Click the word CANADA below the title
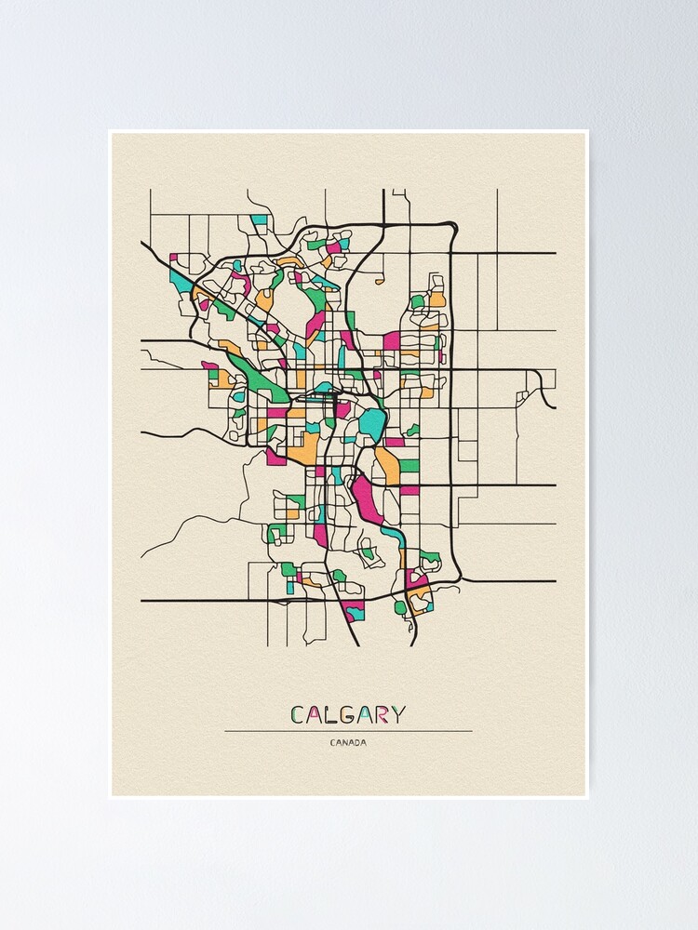[347, 742]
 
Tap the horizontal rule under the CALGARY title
[347, 731]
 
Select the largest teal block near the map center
[372, 423]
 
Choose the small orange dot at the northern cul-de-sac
[379, 280]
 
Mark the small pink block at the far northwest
[173, 258]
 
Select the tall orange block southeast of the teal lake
[387, 463]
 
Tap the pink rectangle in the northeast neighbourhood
[392, 341]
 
